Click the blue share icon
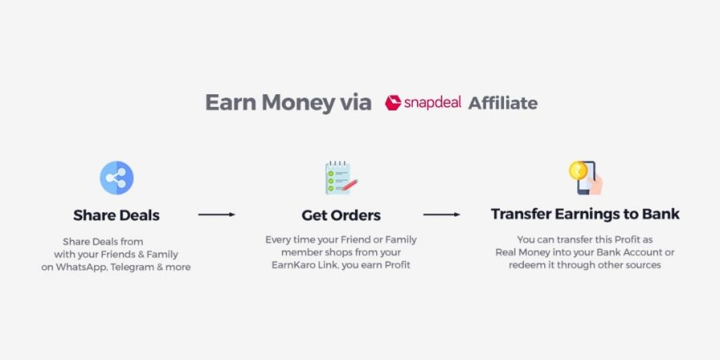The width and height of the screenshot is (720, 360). [x=116, y=178]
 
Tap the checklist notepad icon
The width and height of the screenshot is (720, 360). [x=340, y=178]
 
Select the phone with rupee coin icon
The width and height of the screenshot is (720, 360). [x=586, y=178]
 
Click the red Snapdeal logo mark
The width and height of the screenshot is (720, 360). [x=392, y=103]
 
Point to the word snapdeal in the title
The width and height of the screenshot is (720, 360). [x=432, y=103]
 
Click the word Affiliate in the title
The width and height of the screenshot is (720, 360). [x=503, y=103]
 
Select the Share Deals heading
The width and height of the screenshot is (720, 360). [x=116, y=214]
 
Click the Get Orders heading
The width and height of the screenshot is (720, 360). [x=341, y=214]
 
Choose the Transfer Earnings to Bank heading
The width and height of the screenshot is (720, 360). [x=585, y=214]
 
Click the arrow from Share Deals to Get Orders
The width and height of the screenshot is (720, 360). [x=216, y=214]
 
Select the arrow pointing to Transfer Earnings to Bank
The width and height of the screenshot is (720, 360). [x=442, y=214]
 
